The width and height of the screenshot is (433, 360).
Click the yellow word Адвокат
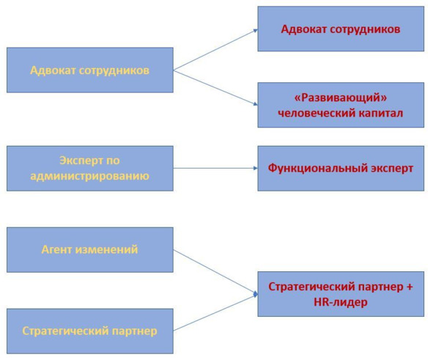coord(53,70)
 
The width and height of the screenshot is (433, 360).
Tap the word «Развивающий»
coord(341,98)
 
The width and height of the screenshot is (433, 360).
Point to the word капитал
coord(381,113)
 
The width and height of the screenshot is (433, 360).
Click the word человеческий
coord(317,113)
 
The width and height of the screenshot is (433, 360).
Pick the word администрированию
coord(89,176)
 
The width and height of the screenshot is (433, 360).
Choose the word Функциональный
coord(317,168)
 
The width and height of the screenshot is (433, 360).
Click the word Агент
coord(57,249)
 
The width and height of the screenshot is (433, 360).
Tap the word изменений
coord(106,249)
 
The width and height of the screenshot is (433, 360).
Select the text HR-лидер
coord(341,302)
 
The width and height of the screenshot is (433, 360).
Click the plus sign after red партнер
coord(410,287)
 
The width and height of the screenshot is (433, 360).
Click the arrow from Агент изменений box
coord(215,272)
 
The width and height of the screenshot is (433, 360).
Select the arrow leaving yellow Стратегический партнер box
coord(215,312)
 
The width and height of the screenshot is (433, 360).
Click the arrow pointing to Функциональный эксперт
coord(215,168)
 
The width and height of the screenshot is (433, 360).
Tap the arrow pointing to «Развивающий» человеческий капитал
coord(215,87)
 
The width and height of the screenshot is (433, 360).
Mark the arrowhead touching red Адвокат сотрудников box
coord(256,30)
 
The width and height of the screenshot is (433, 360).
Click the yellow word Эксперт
coord(74,161)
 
